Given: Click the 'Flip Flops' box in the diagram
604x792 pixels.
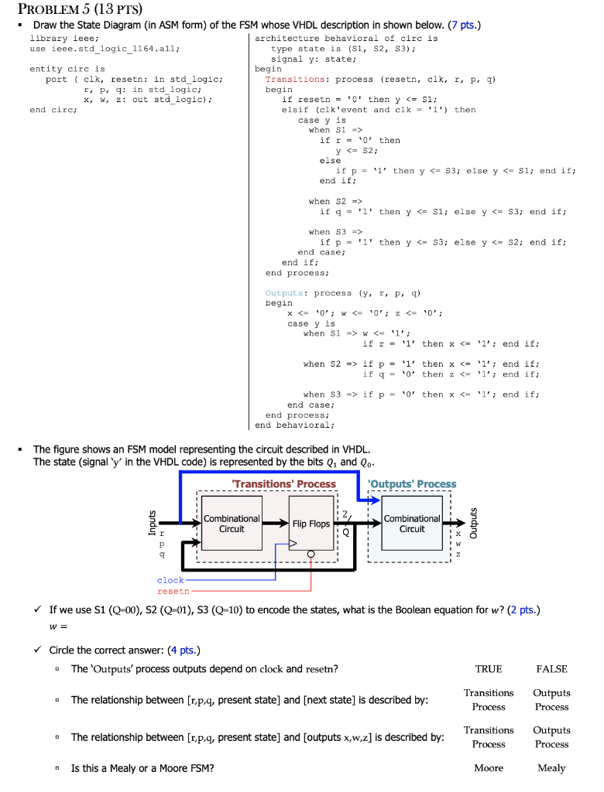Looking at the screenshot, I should (311, 524).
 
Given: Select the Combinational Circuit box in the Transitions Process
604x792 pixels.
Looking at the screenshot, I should (232, 524).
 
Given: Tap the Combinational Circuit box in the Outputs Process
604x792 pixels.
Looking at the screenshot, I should (411, 524).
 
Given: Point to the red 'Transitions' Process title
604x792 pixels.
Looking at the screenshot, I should (284, 484).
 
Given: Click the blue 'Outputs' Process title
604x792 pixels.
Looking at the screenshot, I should (412, 484).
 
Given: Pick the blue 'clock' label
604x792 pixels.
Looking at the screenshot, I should (170, 580).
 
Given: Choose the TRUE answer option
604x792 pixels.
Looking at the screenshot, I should (489, 669).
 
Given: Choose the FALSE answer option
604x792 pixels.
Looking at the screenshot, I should (551, 669).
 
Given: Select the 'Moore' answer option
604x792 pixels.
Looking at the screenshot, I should (489, 768).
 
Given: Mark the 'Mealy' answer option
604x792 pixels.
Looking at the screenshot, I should (551, 768).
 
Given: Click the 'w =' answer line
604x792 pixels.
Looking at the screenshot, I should (59, 627).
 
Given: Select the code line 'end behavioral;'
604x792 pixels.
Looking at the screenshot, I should (294, 425).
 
